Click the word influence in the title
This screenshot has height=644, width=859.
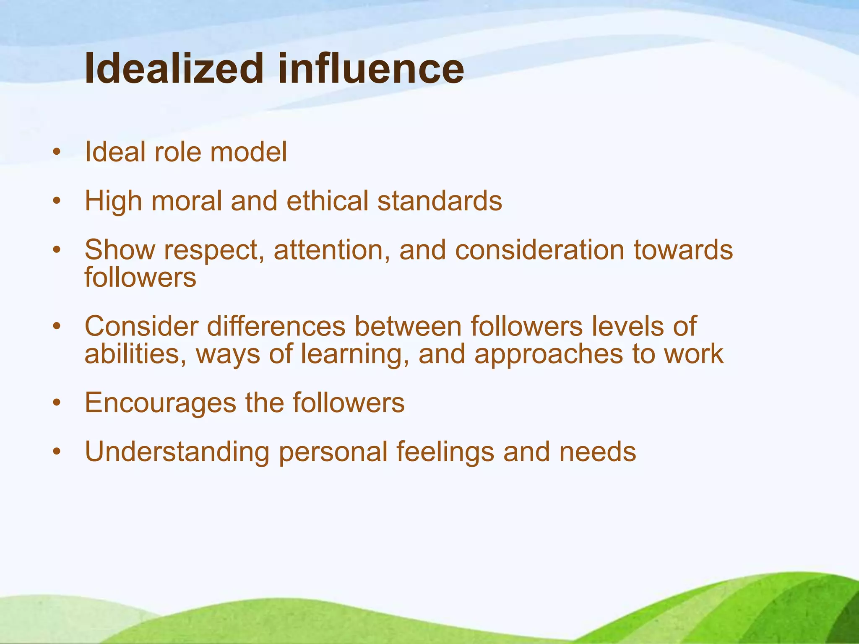click(371, 68)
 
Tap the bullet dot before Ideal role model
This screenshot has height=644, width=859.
click(57, 153)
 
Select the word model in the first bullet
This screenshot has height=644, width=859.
click(249, 152)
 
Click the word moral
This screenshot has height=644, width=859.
click(186, 201)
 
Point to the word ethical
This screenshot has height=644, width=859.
click(327, 201)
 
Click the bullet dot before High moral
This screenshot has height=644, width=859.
click(57, 202)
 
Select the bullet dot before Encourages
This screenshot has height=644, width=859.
click(57, 404)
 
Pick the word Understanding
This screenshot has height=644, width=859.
click(177, 452)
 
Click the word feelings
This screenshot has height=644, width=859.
click(445, 452)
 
